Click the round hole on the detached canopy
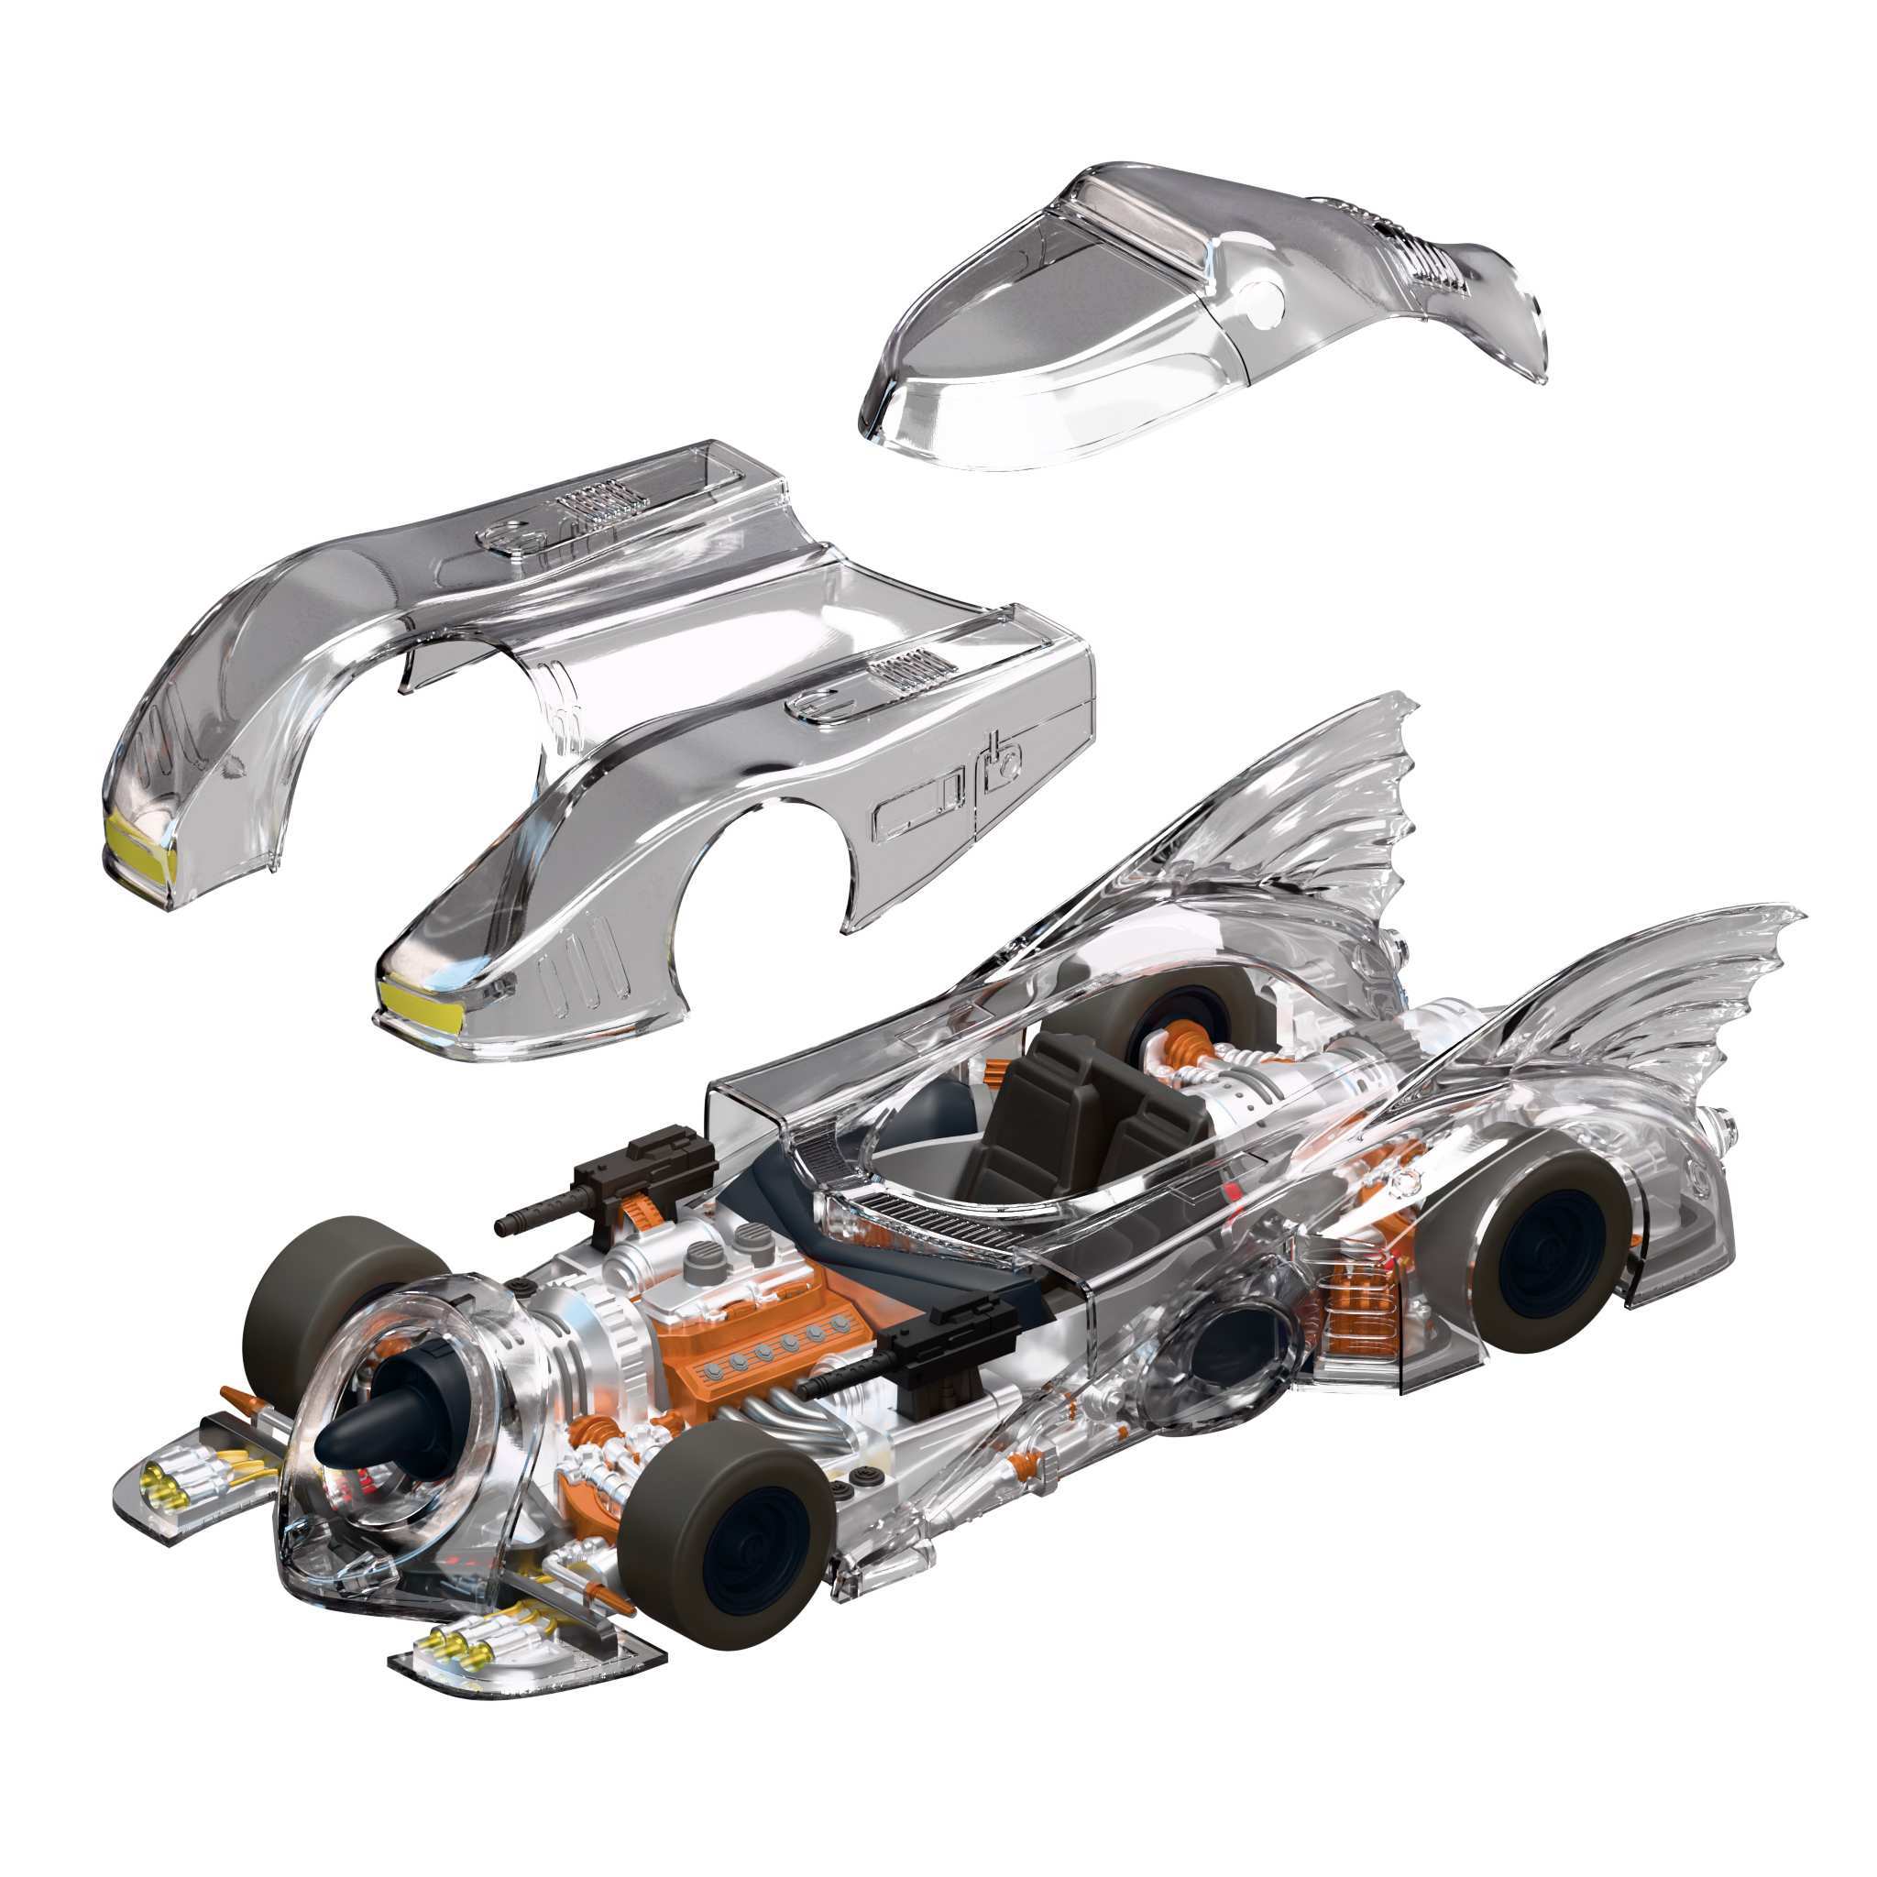[x=1268, y=302]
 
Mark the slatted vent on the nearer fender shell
[x=904, y=670]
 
